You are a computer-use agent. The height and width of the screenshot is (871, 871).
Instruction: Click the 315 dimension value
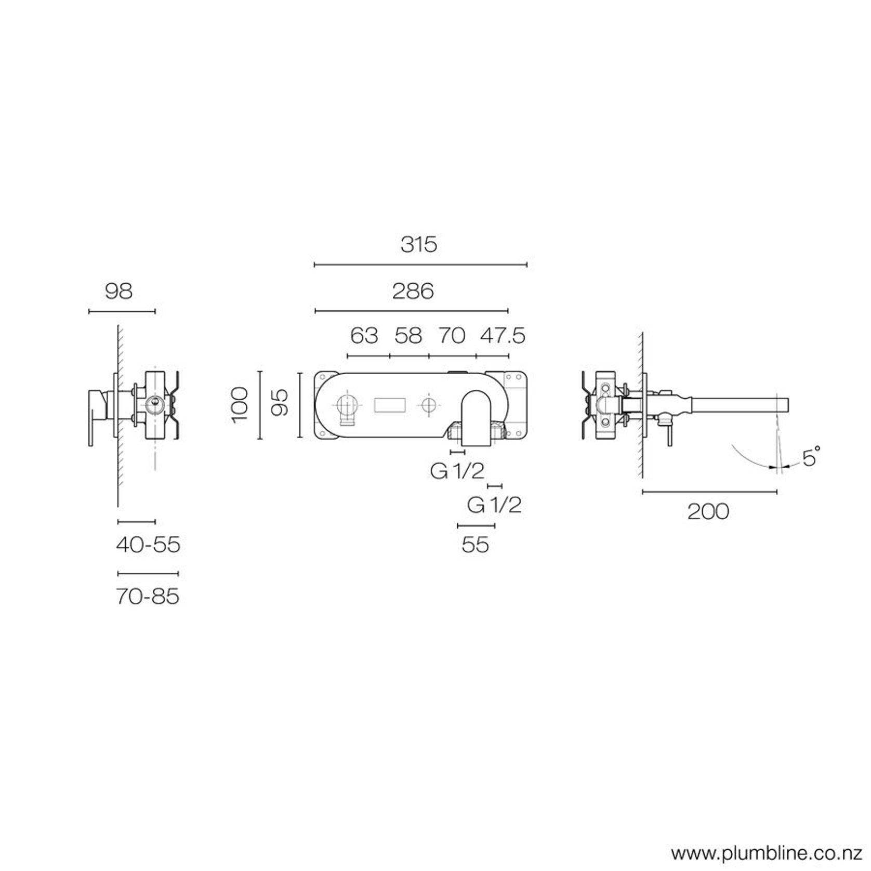click(419, 244)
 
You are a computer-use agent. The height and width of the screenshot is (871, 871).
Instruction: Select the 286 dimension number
click(413, 291)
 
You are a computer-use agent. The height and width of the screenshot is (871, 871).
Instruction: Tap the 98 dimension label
click(119, 291)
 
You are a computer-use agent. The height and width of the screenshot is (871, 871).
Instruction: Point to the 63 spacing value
click(364, 336)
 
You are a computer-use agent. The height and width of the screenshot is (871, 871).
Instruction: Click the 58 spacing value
click(408, 336)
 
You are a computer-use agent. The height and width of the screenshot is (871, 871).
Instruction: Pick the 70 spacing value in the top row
click(452, 336)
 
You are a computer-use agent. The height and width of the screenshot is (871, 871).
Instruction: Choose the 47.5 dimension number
click(503, 336)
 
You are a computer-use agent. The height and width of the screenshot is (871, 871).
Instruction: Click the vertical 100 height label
click(241, 405)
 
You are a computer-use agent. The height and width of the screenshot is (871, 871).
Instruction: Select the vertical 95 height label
click(280, 403)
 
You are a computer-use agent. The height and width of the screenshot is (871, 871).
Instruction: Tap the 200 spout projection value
click(708, 512)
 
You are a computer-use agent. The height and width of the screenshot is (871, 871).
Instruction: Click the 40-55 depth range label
click(148, 545)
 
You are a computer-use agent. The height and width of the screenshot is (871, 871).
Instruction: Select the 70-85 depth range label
click(148, 596)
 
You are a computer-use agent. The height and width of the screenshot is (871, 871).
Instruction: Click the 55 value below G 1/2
click(475, 545)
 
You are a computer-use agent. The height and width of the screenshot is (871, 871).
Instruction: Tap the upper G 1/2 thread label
click(457, 471)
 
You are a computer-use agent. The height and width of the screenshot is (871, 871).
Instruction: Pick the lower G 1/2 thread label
click(494, 505)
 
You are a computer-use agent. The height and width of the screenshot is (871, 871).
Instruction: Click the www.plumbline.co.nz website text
click(767, 853)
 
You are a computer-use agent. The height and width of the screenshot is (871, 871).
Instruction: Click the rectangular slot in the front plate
click(390, 405)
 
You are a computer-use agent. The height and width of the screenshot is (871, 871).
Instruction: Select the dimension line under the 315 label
click(421, 265)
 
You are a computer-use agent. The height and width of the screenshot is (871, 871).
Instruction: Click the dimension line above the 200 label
click(709, 491)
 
